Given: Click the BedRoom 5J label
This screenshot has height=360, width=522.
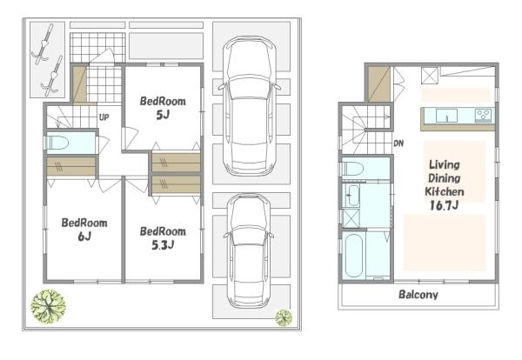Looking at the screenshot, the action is tap(163, 108).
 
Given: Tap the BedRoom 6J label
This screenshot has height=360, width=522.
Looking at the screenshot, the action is tap(84, 230).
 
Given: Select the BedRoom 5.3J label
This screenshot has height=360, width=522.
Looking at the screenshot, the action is tap(163, 238).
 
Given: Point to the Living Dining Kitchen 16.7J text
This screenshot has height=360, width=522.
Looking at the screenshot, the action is tap(445, 185).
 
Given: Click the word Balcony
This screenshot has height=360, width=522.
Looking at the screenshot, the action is tap(418, 295).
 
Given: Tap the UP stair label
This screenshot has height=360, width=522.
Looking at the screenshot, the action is tap(104, 117).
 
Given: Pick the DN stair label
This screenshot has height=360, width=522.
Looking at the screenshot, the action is tap(398, 143).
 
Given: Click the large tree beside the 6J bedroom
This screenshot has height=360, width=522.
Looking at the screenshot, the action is tap(48, 306).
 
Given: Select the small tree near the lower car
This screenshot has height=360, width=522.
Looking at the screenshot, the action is tap(284, 317).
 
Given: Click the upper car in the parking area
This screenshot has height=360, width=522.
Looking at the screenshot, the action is tap(250, 105).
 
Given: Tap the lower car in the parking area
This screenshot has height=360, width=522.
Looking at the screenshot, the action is tap(248, 250).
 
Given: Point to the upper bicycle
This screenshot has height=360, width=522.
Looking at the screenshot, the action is tap(43, 44).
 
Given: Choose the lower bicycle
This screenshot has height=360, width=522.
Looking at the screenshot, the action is tap(52, 76).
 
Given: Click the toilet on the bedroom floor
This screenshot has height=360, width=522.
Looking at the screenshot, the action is tap(57, 143).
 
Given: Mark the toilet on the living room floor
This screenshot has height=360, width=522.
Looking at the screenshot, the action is tap(352, 169).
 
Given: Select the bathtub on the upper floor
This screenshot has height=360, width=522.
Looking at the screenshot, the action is tap(353, 255).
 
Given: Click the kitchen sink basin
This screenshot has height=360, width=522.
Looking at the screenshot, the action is tap(446, 116).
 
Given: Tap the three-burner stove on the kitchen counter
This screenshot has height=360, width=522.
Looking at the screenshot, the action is tap(484, 115).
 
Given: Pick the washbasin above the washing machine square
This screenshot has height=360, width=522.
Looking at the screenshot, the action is tap(351, 195).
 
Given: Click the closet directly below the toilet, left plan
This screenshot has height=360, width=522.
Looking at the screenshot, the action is tap(71, 166).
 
